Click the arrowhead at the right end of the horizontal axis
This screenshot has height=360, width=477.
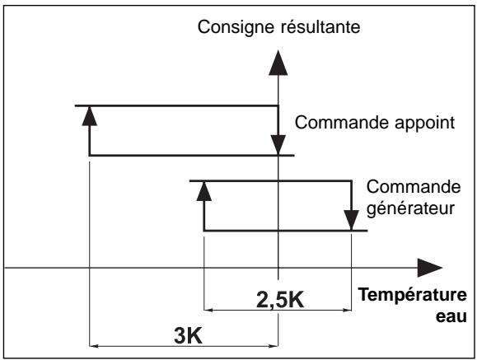click(x=431, y=269)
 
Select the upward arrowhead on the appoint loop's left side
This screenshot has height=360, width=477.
click(x=89, y=116)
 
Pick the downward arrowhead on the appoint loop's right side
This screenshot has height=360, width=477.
click(x=279, y=145)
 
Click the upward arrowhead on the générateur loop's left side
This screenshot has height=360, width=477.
click(x=203, y=192)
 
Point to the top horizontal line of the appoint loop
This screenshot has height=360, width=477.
click(x=181, y=105)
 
